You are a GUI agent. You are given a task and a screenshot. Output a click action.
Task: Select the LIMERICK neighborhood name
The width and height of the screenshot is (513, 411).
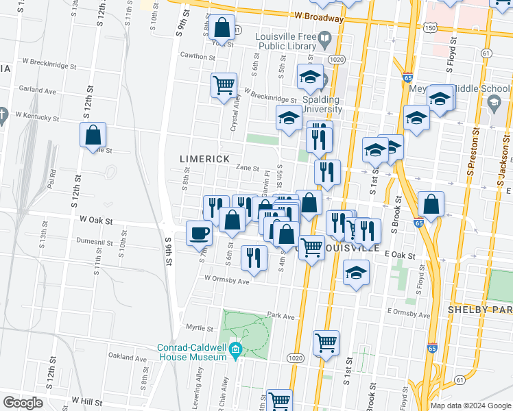(x=204, y=159)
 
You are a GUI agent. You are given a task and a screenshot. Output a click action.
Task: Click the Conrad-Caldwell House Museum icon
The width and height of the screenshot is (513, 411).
(x=235, y=350)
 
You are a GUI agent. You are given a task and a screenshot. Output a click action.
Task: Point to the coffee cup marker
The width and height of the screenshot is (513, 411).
(x=199, y=233)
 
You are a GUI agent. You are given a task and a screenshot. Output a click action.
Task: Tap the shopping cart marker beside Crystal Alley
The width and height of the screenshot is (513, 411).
(x=224, y=86)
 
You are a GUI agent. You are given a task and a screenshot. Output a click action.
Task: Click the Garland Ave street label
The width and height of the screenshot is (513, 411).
(x=37, y=90)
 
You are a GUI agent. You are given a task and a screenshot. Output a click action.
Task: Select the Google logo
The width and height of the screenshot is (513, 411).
(x=23, y=403)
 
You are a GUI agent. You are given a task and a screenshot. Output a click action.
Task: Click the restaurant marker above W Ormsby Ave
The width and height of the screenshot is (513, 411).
(x=254, y=258)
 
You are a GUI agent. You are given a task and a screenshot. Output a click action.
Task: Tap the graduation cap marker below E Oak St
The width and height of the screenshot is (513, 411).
(x=356, y=273)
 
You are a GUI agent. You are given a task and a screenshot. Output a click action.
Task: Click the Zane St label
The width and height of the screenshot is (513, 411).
(x=247, y=168)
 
